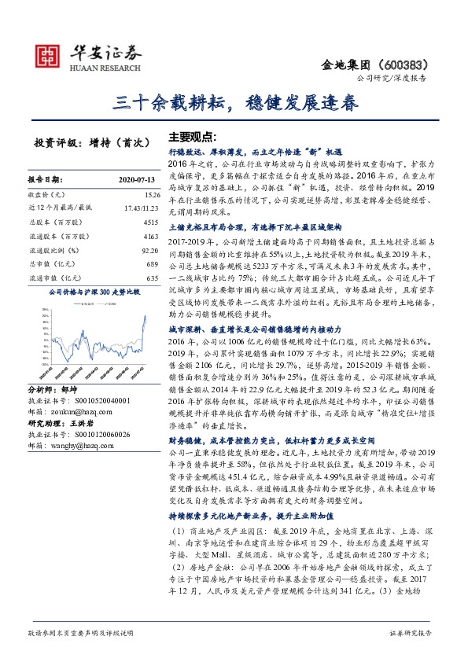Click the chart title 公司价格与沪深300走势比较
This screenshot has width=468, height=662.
click(x=94, y=291)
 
